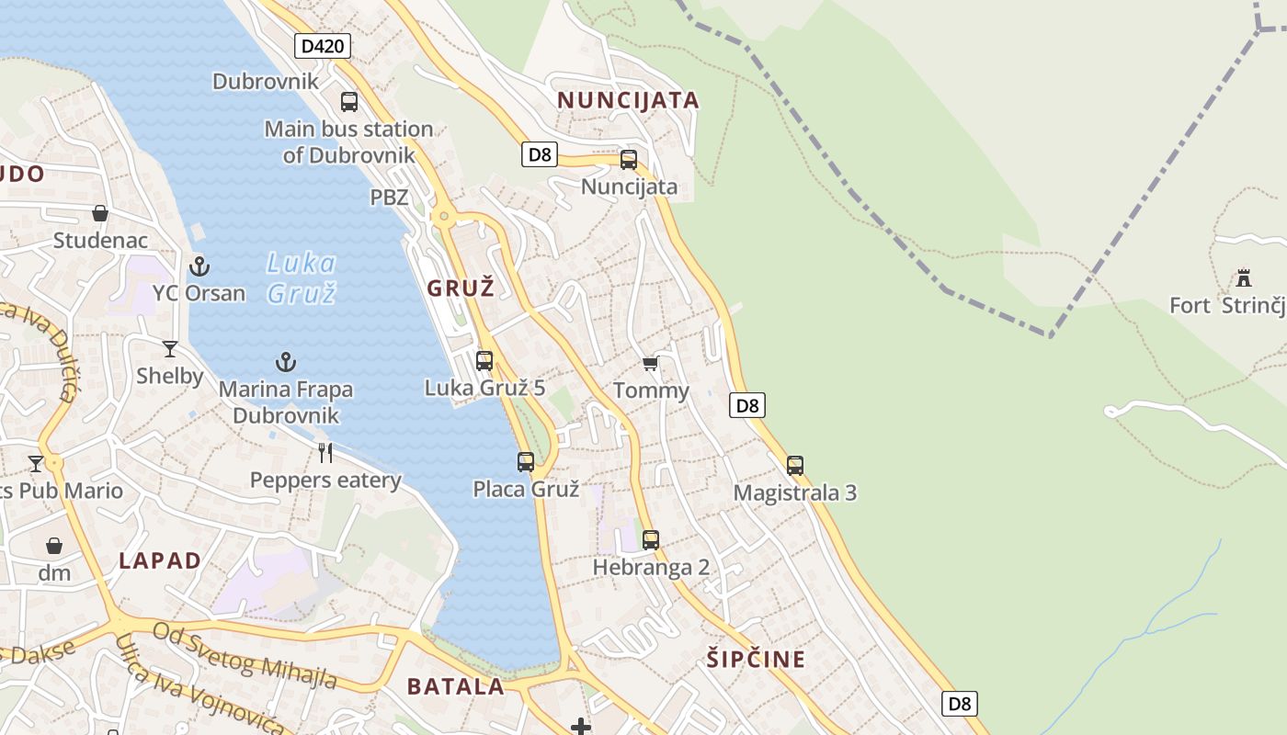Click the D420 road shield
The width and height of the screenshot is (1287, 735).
(x=323, y=45)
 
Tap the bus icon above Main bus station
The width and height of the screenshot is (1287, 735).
(x=349, y=102)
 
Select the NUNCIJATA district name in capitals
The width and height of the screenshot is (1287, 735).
(x=629, y=100)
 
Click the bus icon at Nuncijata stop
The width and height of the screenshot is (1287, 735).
(x=629, y=160)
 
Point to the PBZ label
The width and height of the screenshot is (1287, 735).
(x=389, y=197)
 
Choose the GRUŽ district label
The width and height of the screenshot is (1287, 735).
(x=461, y=288)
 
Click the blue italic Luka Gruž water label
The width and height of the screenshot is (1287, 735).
(x=301, y=278)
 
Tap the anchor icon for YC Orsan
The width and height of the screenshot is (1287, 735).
(x=199, y=266)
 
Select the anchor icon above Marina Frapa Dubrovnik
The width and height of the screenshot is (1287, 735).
(x=286, y=362)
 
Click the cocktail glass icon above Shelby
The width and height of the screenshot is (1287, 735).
(x=170, y=348)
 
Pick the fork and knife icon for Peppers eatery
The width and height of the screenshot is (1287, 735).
(x=325, y=452)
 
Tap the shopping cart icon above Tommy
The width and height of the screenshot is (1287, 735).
(x=651, y=364)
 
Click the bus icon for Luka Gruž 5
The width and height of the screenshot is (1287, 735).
(x=484, y=361)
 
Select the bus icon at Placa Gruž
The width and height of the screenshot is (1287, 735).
(x=526, y=462)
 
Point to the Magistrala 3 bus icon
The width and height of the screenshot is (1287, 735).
(x=795, y=466)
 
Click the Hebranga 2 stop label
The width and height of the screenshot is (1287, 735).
(x=651, y=567)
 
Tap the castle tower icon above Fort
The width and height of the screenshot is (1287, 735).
(x=1244, y=277)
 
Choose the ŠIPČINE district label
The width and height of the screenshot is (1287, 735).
(x=756, y=659)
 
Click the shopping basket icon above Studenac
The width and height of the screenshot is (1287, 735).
(x=100, y=213)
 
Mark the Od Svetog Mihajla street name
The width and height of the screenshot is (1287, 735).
(x=245, y=656)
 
